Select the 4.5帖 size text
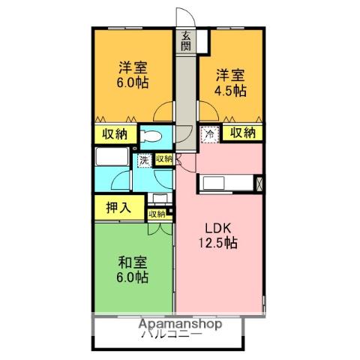tap(230, 90)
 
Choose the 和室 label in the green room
tap(132, 262)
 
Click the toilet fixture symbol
tap(151, 137)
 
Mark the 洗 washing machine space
tap(143, 160)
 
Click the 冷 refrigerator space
tap(210, 133)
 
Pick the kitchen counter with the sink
tap(224, 183)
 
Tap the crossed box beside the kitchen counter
tap(259, 183)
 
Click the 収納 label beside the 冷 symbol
tap(242, 133)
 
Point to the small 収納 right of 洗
tap(163, 159)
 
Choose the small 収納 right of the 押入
tap(157, 214)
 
